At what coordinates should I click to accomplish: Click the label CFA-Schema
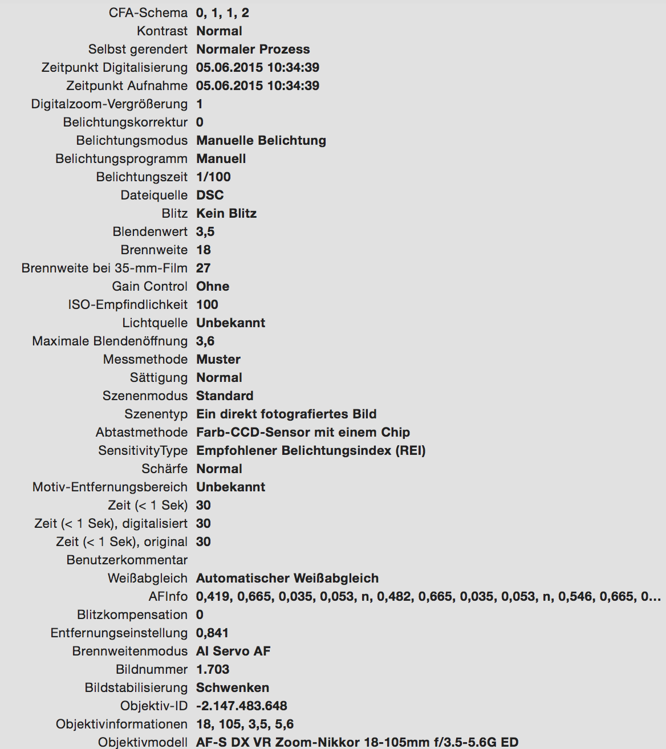(x=148, y=13)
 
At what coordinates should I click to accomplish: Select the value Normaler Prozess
(x=253, y=49)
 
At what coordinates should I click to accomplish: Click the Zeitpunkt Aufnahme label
(x=127, y=86)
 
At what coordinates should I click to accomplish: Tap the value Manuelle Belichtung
(x=261, y=140)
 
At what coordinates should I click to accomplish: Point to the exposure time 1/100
(x=213, y=177)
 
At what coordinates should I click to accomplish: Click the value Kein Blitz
(x=226, y=213)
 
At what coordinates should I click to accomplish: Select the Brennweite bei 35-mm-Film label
(x=104, y=268)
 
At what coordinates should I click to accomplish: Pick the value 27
(x=203, y=268)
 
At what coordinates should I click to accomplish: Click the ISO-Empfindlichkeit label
(x=127, y=304)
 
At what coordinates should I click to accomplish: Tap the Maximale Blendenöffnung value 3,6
(x=205, y=341)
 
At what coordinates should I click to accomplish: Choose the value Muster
(x=218, y=359)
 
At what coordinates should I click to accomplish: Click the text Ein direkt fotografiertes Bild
(x=286, y=414)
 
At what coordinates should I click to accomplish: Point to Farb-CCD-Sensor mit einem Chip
(x=303, y=432)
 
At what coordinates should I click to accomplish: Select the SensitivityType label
(x=143, y=450)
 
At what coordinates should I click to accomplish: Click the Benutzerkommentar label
(x=127, y=560)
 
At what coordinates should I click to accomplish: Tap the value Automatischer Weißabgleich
(x=287, y=578)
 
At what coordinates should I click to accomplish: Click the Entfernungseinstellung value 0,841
(x=212, y=633)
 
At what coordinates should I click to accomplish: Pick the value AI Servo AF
(x=233, y=651)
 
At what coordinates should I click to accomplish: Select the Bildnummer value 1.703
(x=212, y=669)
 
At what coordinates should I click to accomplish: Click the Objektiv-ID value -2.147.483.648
(x=241, y=706)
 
